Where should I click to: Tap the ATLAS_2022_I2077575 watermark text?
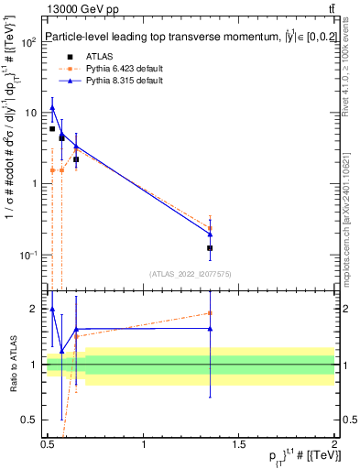[190, 273]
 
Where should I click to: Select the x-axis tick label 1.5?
[239, 445]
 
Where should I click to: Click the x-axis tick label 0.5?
[48, 445]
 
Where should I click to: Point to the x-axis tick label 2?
[334, 445]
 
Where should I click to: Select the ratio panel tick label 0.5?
[30, 421]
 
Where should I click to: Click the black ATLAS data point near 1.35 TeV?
[211, 248]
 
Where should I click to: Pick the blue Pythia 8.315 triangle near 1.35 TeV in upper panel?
[211, 234]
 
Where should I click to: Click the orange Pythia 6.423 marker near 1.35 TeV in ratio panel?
[211, 313]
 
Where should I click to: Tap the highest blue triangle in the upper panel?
[52, 108]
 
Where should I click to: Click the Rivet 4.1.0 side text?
[351, 73]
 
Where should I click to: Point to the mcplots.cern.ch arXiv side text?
[351, 211]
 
